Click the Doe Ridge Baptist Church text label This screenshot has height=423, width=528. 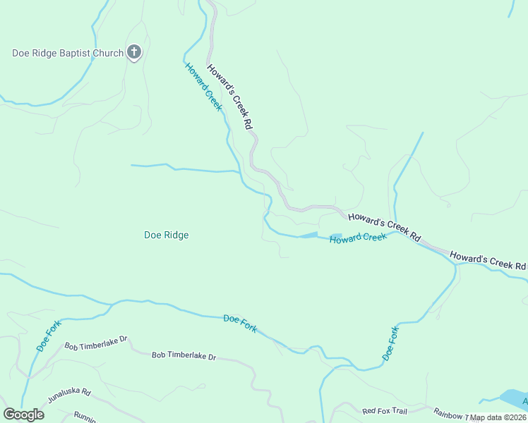click(67, 53)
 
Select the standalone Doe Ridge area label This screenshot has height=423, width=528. click(166, 235)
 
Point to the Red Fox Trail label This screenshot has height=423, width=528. click(385, 411)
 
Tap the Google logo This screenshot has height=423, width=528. click(23, 415)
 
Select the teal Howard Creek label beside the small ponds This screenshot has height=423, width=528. click(359, 238)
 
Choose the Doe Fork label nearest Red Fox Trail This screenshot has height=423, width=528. click(391, 343)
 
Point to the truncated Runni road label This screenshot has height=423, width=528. click(84, 416)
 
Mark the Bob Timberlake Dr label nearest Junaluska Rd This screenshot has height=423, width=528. click(95, 346)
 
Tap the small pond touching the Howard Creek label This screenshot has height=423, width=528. click(335, 236)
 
